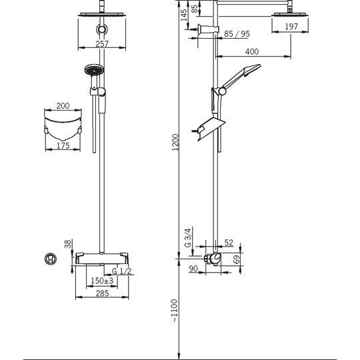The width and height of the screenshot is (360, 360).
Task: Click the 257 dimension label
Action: tap(102, 43)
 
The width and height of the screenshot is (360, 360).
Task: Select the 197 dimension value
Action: tap(291, 27)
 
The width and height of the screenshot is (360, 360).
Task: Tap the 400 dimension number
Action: tap(252, 51)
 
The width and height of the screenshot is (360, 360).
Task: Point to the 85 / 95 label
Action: tap(237, 34)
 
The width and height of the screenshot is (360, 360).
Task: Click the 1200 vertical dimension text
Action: tap(175, 142)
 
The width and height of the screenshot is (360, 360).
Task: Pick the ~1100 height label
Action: tap(175, 311)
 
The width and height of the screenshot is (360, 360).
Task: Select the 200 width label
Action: tap(63, 105)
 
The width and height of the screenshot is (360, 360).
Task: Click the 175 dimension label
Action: tap(63, 145)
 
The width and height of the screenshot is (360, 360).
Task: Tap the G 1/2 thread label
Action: tap(122, 271)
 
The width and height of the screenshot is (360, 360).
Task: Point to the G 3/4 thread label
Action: tap(188, 237)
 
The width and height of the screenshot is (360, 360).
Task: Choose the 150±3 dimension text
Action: tap(102, 281)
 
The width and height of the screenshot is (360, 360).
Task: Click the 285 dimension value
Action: tap(102, 293)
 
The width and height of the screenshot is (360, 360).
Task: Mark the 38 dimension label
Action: tap(68, 244)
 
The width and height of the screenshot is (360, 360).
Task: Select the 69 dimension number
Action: tap(236, 259)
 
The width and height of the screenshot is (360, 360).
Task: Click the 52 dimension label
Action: tap(229, 243)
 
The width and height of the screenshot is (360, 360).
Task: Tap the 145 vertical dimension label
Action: tap(184, 15)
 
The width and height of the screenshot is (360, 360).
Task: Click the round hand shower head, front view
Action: tap(94, 69)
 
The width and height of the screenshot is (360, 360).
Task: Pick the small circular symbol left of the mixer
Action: tap(51, 259)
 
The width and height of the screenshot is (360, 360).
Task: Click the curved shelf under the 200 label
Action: tap(63, 129)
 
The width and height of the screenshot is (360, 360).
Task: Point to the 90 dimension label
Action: tap(193, 269)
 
